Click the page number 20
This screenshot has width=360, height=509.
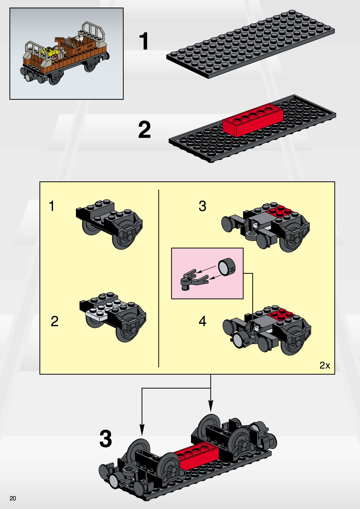pos(13,498)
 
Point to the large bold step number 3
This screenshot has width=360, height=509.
pos(106,438)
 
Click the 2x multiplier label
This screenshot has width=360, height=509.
pos(325,365)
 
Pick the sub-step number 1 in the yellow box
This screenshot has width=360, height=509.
pos(52,206)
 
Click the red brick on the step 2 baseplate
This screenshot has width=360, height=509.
pos(253,120)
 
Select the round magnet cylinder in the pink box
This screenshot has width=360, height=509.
pos(227,267)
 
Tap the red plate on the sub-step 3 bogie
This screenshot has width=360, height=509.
pos(281,211)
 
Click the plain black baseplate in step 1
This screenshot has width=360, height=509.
pos(250,44)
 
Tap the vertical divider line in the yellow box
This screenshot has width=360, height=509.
pos(159,278)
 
